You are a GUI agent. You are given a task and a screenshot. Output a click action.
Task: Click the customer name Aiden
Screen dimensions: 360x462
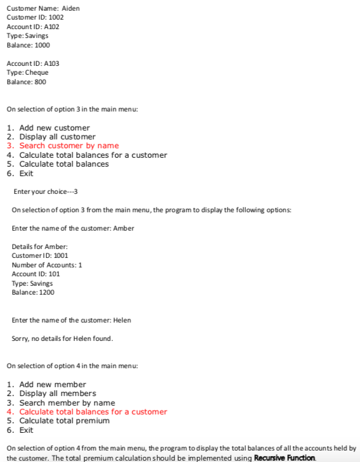coord(71,8)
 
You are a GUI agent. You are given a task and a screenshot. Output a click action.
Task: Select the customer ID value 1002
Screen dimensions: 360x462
coord(56,17)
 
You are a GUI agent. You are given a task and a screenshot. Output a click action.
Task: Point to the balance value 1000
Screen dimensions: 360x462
coord(42,45)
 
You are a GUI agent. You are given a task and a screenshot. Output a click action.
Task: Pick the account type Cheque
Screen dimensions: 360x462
coord(36,72)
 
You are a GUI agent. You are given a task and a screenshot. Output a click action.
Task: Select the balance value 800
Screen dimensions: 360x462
coord(40,82)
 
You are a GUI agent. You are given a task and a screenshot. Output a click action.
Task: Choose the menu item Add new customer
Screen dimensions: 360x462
coord(55,127)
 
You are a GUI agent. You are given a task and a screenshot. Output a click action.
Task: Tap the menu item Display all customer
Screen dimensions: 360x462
coord(57,137)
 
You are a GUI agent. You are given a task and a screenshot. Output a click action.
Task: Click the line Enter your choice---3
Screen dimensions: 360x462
coord(46,191)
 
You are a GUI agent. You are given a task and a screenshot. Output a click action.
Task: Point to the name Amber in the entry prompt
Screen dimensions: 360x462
coord(124,228)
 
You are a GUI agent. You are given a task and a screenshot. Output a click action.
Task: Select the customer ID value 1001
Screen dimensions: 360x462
coord(61,255)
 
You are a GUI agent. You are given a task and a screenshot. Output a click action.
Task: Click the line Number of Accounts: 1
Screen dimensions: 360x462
coord(47,265)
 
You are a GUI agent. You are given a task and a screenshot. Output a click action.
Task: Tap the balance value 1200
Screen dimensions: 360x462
coord(47,292)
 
